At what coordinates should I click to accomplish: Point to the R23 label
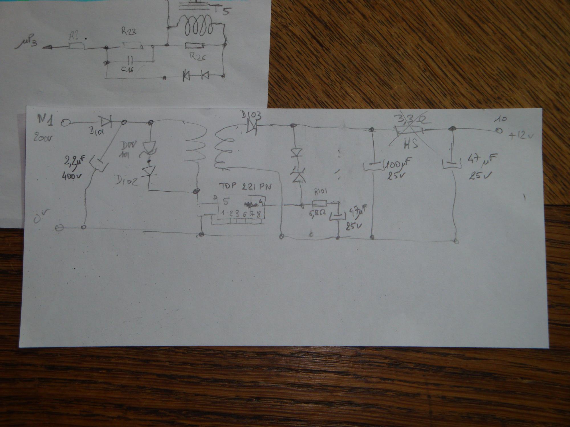pos(129,31)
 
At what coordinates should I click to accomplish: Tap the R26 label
pos(197,57)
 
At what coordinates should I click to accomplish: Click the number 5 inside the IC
pos(226,202)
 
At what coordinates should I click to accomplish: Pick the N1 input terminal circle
pos(65,123)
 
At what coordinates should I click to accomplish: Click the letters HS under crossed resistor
pos(410,144)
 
